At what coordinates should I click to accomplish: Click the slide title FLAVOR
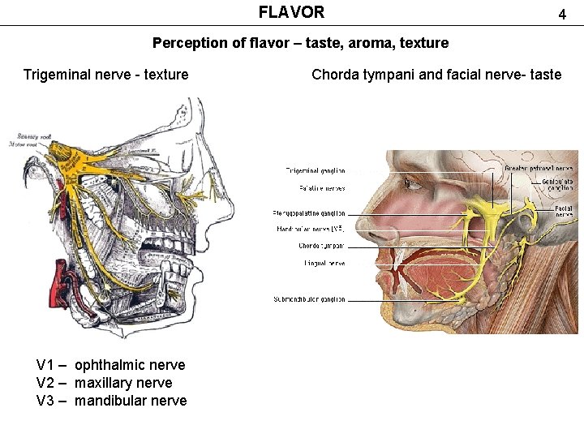291,12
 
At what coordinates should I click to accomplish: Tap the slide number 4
560,15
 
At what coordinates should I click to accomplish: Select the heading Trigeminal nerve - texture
105,75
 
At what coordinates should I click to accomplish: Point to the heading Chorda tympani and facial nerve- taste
436,75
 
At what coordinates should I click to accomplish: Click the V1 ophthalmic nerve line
111,365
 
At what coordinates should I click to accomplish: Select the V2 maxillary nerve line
105,383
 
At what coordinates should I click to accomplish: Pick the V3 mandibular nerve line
112,401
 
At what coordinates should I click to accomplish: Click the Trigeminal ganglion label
315,171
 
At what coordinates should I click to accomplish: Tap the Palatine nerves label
322,189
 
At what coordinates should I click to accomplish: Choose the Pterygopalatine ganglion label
309,213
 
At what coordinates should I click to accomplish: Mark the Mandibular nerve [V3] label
311,230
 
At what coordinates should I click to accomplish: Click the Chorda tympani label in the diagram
321,246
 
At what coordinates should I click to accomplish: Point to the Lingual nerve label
325,263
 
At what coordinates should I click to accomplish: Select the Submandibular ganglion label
309,299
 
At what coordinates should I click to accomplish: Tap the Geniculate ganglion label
558,185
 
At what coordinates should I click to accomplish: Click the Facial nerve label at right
564,211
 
